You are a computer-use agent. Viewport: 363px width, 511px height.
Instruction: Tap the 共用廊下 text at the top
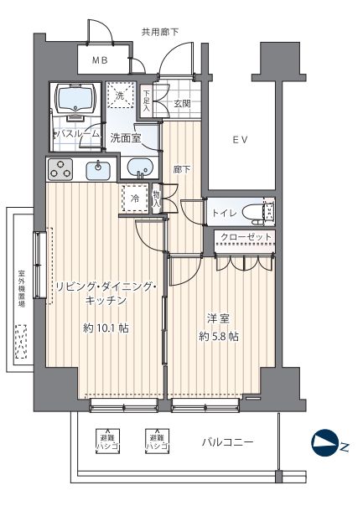(159, 32)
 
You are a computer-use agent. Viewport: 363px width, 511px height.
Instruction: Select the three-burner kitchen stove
(61, 171)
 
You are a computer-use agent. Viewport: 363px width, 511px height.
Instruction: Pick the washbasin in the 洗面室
(142, 169)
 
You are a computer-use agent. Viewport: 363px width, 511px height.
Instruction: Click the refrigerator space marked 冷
(135, 199)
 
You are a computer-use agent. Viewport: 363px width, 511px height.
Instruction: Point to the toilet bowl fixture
(267, 212)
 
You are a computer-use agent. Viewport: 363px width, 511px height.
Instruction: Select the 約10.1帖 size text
(106, 328)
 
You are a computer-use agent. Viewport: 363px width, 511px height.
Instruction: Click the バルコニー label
(226, 441)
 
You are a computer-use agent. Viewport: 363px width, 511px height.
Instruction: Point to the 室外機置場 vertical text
(21, 289)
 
